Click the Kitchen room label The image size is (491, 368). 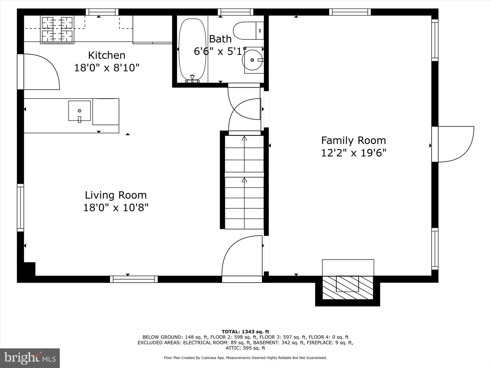coord(107,55)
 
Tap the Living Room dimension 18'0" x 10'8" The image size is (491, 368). coord(116,208)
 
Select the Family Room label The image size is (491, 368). coord(354,141)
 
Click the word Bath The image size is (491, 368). coord(220,39)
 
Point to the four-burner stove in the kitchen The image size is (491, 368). coord(57,30)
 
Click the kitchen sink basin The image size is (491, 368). coord(79,111)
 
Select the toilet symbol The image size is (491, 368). coord(248,31)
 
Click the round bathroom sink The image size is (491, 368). coord(252,60)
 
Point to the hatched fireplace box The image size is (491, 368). coord(347,287)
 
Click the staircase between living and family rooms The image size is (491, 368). coord(244,182)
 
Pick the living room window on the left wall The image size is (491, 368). coord(20,208)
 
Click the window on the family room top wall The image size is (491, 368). coord(350,12)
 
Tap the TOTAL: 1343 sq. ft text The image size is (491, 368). coord(245,332)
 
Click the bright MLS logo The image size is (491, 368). coord(30,358)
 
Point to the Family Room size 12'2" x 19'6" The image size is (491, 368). coord(354,153)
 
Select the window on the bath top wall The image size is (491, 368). coord(235,12)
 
